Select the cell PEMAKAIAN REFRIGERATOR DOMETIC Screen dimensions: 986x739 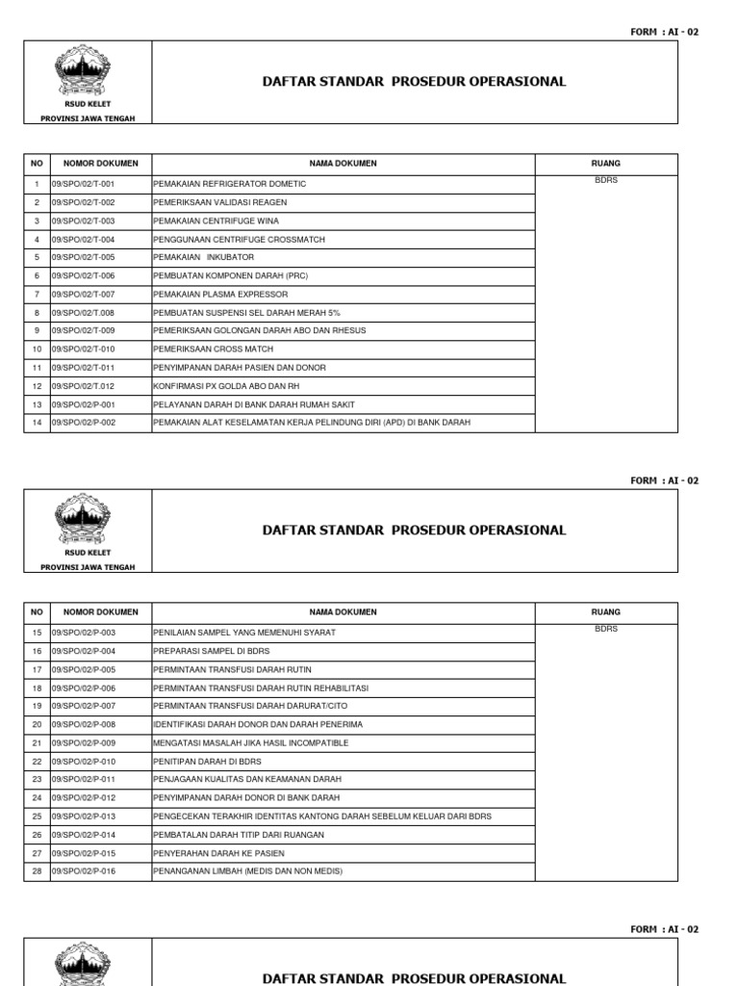click(230, 184)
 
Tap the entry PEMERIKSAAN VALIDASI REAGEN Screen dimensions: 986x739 click(220, 202)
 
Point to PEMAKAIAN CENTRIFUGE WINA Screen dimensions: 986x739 click(216, 221)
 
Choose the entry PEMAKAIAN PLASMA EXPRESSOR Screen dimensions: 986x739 click(220, 294)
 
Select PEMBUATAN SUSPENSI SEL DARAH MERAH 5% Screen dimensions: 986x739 click(247, 312)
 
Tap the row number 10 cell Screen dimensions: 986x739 click(37, 349)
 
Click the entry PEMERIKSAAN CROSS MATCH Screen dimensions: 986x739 click(214, 349)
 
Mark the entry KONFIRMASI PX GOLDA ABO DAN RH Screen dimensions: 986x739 click(227, 385)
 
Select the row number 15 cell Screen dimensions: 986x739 click(37, 633)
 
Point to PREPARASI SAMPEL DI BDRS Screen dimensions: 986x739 click(212, 651)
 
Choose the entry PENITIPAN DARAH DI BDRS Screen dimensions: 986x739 click(208, 761)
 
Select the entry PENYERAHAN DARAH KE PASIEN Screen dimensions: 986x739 click(219, 853)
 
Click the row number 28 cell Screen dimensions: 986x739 click(37, 871)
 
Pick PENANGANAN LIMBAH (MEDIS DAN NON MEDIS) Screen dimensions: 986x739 click(248, 871)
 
